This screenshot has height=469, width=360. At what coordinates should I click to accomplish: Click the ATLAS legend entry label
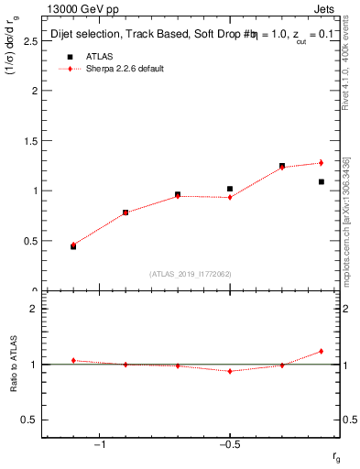pyautogui.click(x=98, y=56)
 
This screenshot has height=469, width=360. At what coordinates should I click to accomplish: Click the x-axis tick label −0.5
pyautogui.click(x=229, y=444)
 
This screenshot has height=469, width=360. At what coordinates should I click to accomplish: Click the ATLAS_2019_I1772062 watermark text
pyautogui.click(x=191, y=273)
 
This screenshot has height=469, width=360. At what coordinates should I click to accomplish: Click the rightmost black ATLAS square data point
pyautogui.click(x=322, y=181)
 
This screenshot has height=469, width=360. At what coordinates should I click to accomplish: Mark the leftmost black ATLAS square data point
pyautogui.click(x=73, y=246)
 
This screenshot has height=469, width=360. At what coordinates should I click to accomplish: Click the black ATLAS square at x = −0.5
pyautogui.click(x=230, y=189)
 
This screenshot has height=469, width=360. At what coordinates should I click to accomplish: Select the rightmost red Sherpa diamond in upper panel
pyautogui.click(x=322, y=163)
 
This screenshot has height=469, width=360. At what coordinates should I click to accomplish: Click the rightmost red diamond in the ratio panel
pyautogui.click(x=322, y=351)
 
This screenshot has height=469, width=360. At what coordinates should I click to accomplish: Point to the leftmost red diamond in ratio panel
pyautogui.click(x=73, y=360)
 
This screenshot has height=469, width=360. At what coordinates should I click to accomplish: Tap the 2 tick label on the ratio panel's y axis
pyautogui.click(x=33, y=309)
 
